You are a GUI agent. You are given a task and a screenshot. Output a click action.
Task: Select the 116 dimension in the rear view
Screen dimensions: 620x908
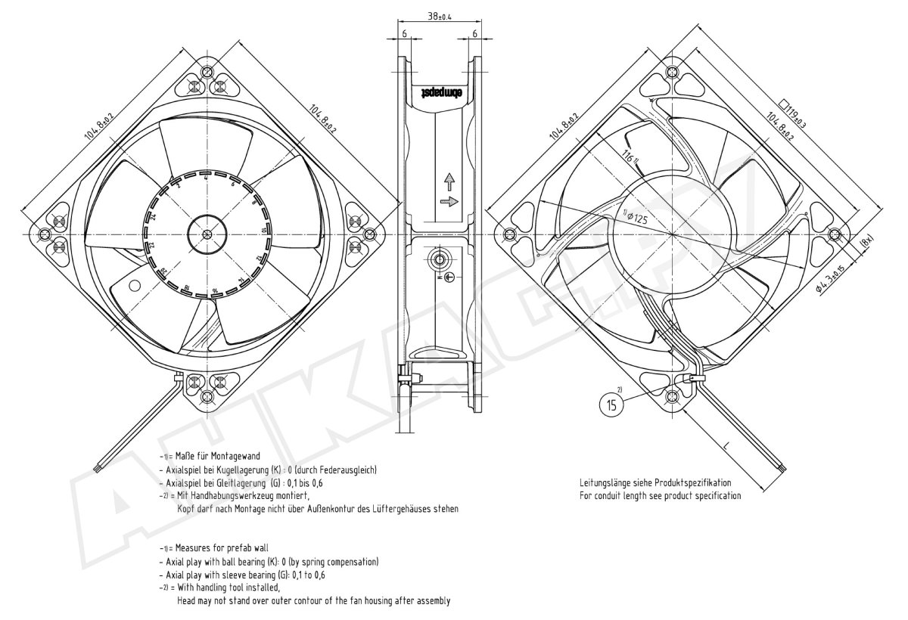click(x=629, y=159)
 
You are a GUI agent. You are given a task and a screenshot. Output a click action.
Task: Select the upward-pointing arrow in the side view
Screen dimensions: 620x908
click(x=448, y=181)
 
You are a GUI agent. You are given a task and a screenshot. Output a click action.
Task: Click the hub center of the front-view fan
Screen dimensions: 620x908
click(x=207, y=231)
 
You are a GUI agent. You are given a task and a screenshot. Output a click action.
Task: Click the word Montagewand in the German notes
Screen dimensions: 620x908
click(x=236, y=456)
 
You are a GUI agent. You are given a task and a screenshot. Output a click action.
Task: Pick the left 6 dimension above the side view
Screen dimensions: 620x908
click(x=405, y=34)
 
